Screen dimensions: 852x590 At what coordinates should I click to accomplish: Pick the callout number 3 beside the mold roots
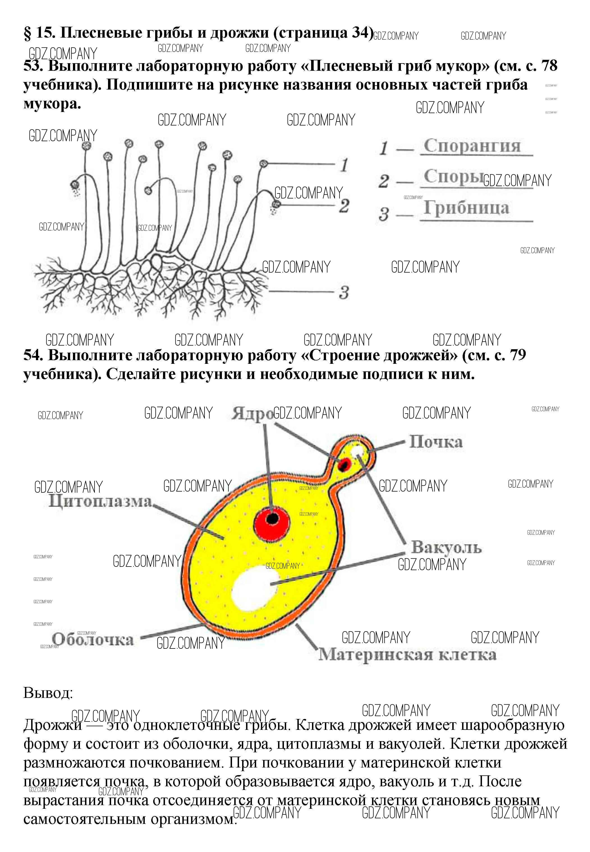[344, 293]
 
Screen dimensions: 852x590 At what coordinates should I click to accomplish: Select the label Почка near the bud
[436, 442]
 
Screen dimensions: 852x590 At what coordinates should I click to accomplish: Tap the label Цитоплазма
[100, 501]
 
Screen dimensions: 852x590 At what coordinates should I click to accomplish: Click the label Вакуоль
[446, 547]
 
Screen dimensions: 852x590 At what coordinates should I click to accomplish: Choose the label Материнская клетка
[407, 655]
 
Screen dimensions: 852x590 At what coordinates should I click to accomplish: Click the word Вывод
[48, 693]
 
